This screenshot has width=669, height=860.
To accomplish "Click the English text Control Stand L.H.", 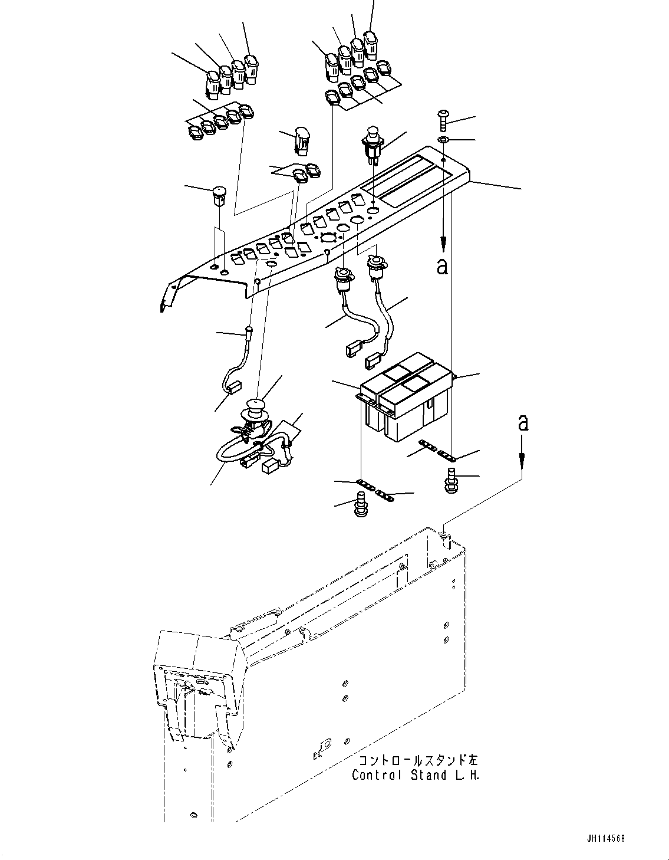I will tap(416, 775).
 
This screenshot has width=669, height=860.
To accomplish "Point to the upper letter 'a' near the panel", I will tap(442, 267).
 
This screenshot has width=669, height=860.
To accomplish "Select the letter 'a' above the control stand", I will tap(522, 422).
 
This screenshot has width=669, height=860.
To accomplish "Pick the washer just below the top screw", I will tap(444, 140).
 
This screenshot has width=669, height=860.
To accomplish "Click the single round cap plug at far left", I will tap(219, 195).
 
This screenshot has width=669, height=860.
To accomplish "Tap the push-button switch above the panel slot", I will tap(372, 143).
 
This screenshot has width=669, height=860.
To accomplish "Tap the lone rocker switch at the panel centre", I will tap(301, 140).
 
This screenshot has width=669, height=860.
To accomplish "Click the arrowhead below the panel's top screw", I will tap(443, 242).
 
